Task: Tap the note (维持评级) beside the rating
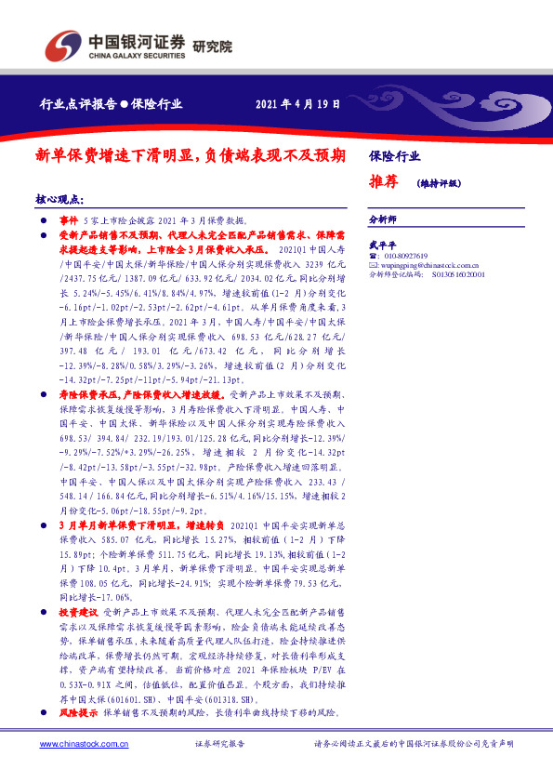point(439,183)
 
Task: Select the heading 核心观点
point(59,199)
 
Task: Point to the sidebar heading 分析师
point(383,219)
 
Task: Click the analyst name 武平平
point(383,244)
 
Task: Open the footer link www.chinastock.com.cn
point(76,745)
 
